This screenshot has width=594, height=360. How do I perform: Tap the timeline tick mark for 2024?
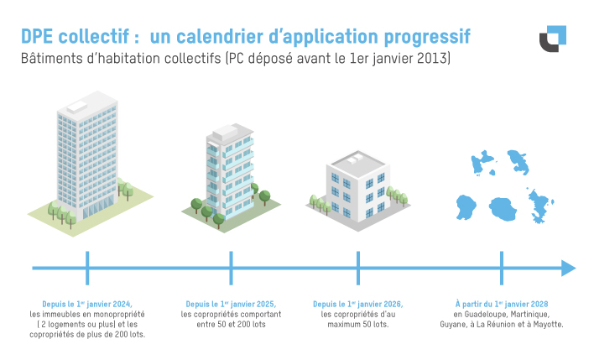point(87,269)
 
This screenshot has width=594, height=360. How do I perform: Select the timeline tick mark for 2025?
point(231,269)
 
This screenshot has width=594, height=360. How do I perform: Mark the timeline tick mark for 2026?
point(358,269)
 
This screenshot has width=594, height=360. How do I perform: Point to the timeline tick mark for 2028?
point(502,269)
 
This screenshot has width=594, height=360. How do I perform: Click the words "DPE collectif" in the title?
point(76,37)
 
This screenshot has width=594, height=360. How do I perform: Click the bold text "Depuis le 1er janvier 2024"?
point(87,303)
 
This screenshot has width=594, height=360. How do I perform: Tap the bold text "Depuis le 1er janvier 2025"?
point(231,303)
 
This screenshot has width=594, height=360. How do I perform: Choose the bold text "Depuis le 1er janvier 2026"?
point(358,303)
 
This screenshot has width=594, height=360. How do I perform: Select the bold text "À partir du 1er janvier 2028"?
point(502,303)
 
